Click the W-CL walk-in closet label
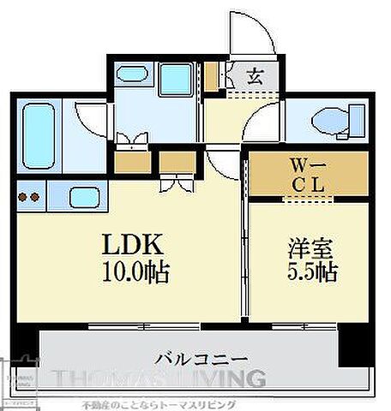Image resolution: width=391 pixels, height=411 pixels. [x=305, y=174]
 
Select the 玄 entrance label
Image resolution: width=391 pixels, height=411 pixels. [x=255, y=76]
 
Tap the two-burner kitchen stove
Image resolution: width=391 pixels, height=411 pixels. [x=28, y=198]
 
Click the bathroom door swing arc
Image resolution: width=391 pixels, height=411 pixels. [x=90, y=118]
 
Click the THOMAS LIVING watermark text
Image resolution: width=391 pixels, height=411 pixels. [x=159, y=378]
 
